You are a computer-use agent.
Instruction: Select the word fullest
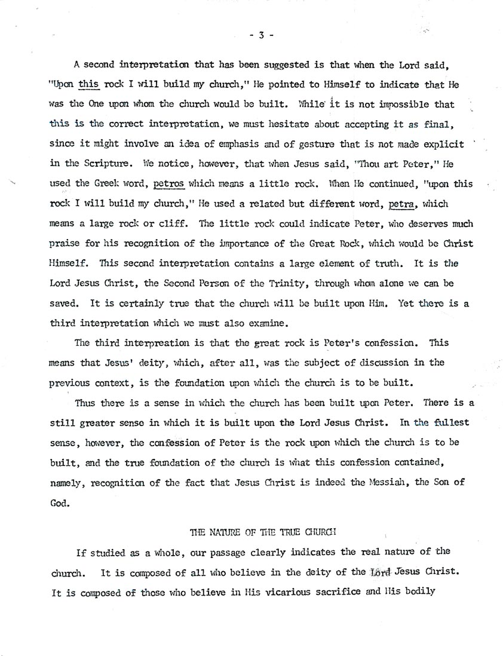tap(449, 422)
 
